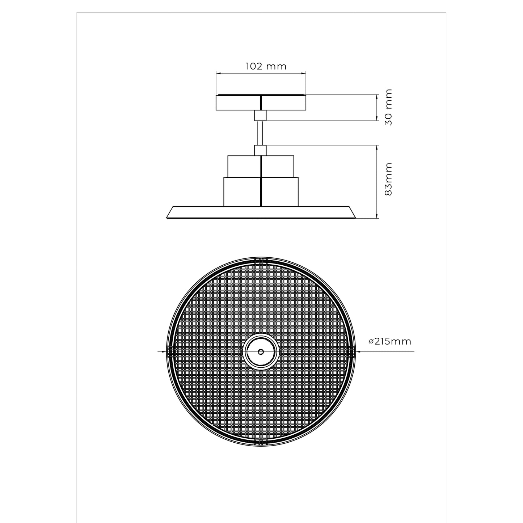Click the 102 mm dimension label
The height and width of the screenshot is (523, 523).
[266, 67]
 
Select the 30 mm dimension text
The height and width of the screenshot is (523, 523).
[388, 107]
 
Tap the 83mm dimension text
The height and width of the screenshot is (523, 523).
[388, 179]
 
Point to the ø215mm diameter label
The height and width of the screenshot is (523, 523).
[390, 341]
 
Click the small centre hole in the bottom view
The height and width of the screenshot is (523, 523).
[261, 351]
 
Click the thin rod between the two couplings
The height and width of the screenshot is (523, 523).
[261, 133]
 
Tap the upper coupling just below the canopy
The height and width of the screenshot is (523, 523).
[261, 115]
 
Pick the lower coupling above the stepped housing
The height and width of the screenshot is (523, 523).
[261, 150]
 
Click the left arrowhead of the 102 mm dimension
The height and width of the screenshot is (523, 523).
[218, 73]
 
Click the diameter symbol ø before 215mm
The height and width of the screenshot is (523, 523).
[371, 342]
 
